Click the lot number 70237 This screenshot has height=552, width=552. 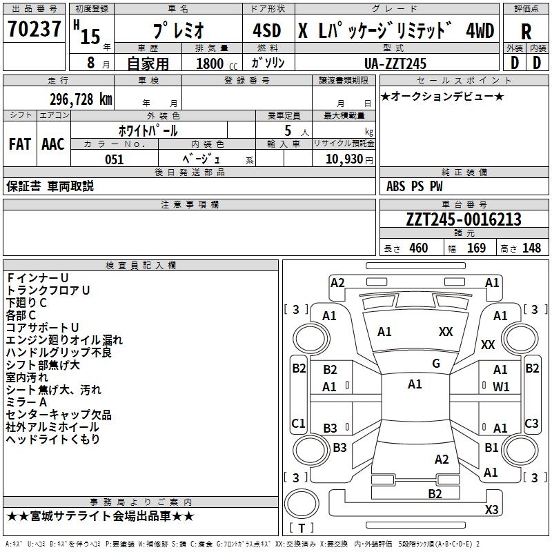tap(34, 31)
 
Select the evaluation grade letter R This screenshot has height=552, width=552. tap(526, 31)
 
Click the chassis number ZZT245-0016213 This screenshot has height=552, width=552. tap(464, 220)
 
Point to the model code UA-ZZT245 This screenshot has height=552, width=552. tap(395, 63)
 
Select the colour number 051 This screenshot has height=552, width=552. tap(114, 159)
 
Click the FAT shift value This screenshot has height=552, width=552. tap(19, 144)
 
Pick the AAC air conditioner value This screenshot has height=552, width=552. tap(52, 144)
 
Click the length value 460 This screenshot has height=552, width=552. tap(418, 248)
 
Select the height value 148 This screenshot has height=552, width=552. tap(531, 248)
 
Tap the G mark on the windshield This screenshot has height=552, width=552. tap(436, 364)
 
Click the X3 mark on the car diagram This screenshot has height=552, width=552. tap(491, 510)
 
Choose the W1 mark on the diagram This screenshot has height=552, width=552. tap(501, 387)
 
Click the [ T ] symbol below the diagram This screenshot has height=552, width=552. tap(301, 529)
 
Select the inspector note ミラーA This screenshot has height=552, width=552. tap(26, 402)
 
